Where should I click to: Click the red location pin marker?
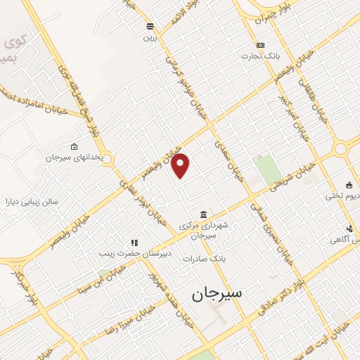pos(181,165)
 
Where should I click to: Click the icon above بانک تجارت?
pos(261,44)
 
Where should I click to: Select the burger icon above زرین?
pos(149,27)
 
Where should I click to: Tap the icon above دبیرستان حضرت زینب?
pos(134,243)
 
